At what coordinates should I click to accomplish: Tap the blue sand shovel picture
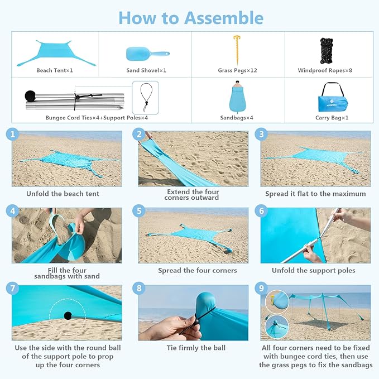tap(146, 54)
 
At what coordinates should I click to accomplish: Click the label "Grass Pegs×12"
tap(237, 71)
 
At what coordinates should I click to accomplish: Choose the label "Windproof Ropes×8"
tap(325, 71)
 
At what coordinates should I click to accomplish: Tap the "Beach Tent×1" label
tap(55, 71)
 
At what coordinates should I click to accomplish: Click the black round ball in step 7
tap(68, 315)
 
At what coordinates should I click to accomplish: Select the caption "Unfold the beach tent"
tap(63, 194)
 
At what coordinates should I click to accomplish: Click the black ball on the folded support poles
tap(30, 95)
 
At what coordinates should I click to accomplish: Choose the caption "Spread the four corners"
tap(197, 271)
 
